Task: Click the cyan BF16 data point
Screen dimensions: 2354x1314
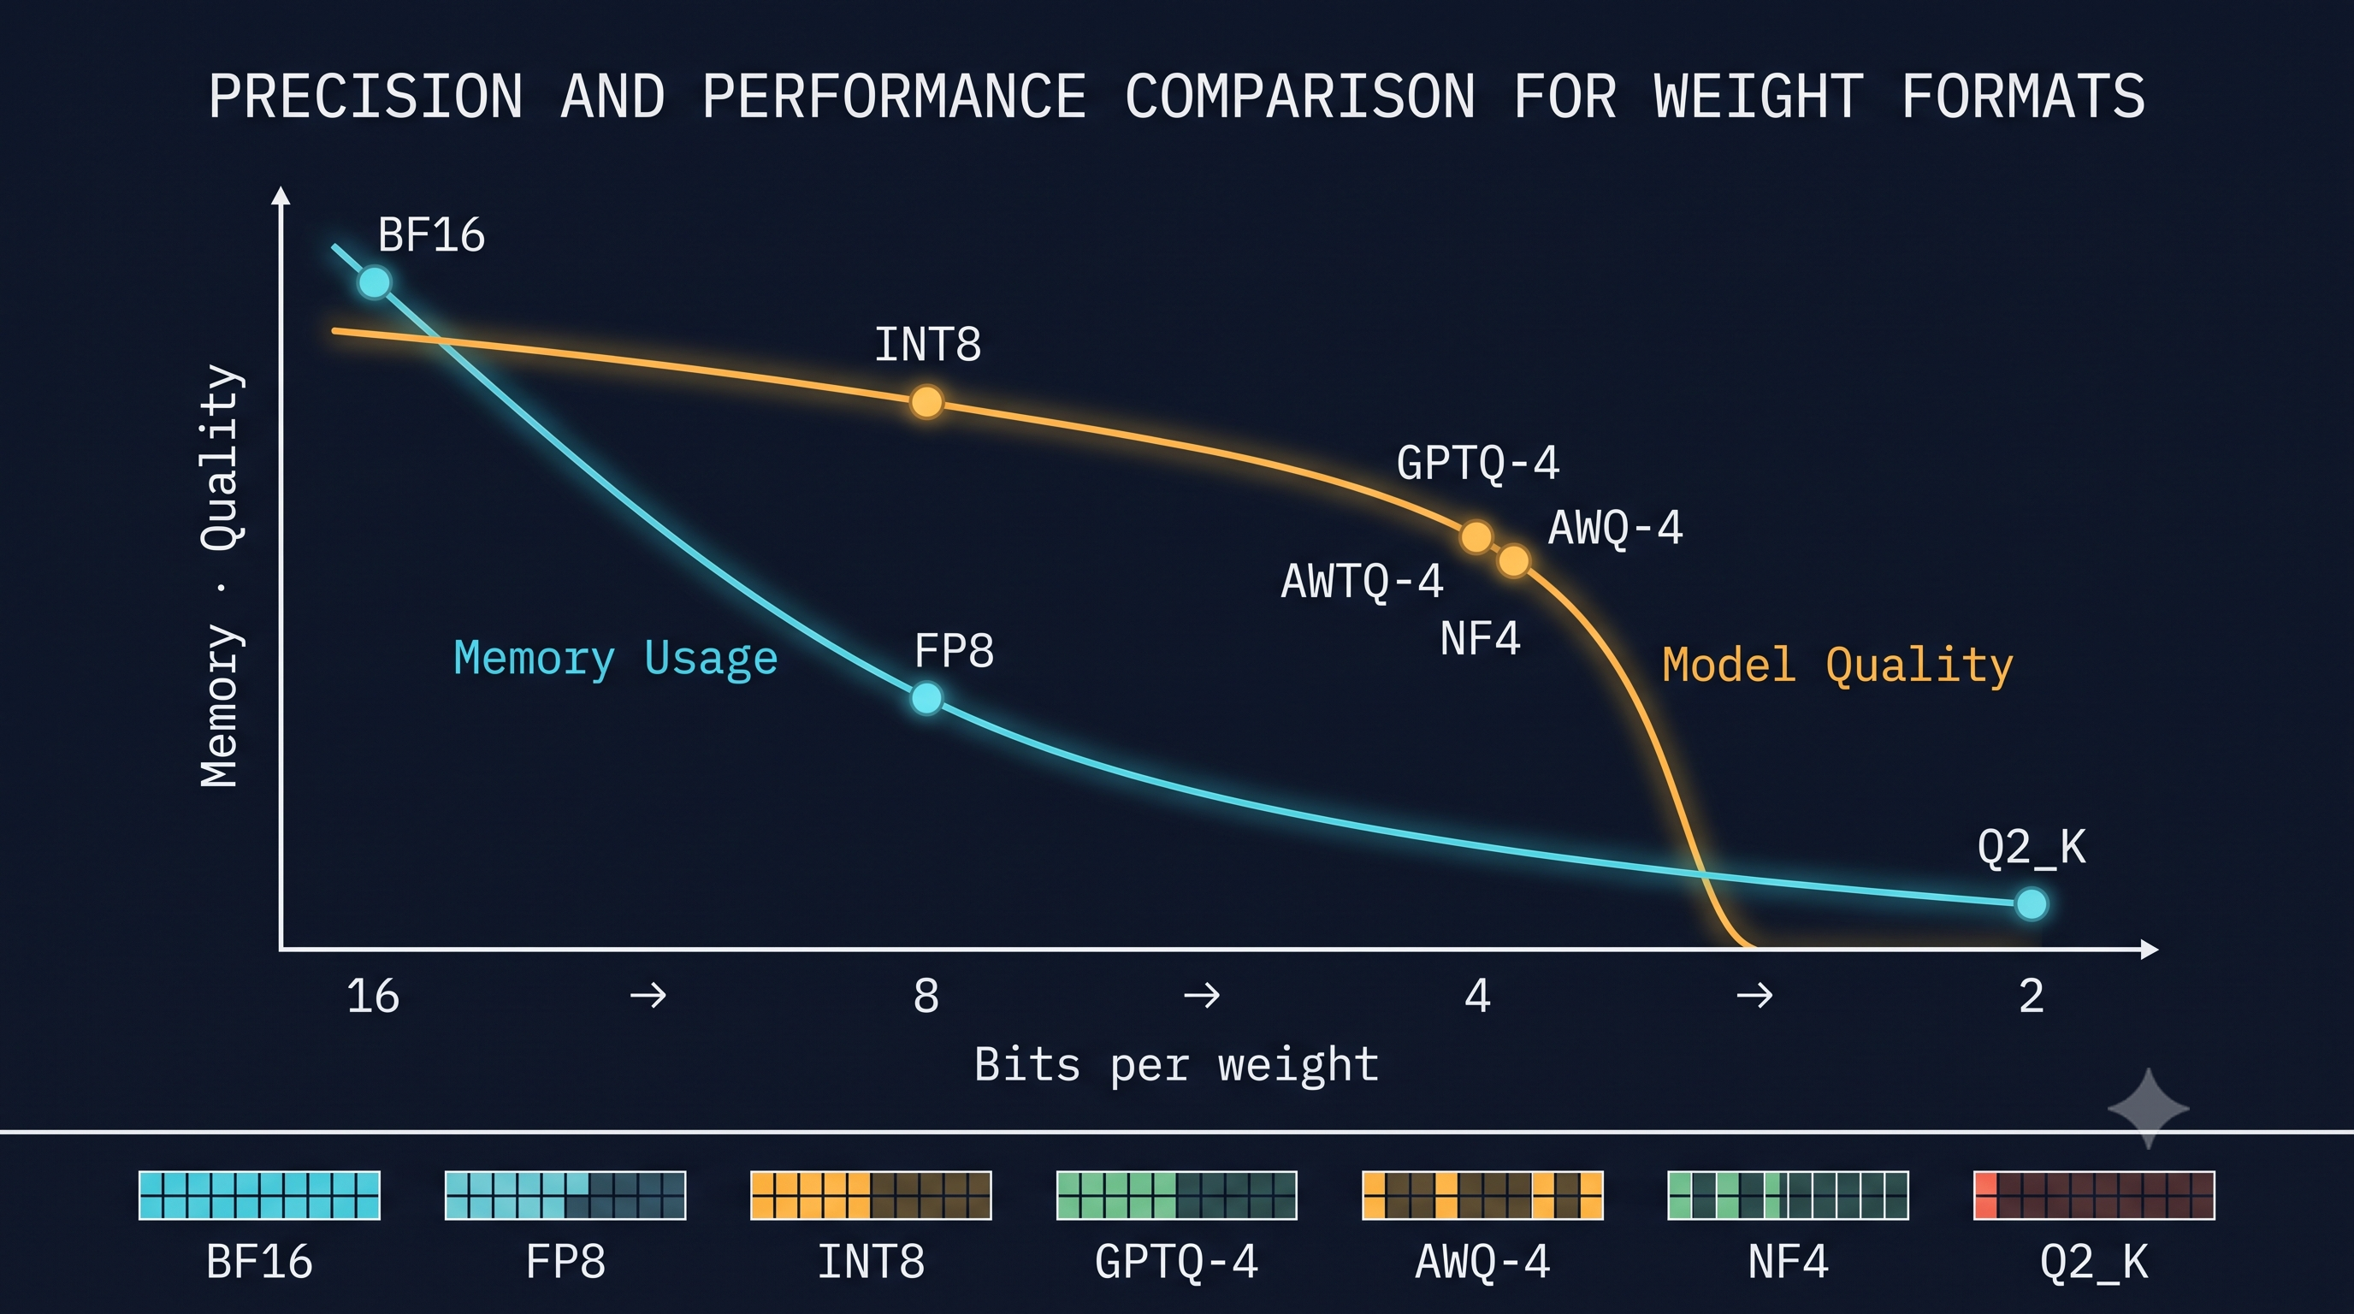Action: pos(374,281)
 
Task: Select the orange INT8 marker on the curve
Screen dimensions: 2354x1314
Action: pos(926,402)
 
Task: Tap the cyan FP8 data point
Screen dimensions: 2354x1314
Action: pos(926,698)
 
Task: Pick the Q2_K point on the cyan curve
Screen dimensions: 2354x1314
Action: pos(2032,903)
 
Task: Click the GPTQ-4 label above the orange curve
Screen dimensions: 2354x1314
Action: pos(1477,464)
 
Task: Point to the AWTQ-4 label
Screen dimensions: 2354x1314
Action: pos(1362,581)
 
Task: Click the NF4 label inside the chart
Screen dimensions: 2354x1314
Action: pos(1481,638)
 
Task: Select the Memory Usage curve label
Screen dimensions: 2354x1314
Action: pos(615,659)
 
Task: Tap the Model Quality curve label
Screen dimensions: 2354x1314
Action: pos(1837,665)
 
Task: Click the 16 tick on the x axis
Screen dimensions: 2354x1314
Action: pos(373,995)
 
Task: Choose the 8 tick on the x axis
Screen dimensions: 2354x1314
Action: pos(926,995)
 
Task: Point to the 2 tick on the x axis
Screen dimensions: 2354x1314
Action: pos(2031,995)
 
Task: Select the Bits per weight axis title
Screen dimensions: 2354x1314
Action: pos(1176,1065)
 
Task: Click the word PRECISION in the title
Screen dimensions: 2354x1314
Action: pos(365,96)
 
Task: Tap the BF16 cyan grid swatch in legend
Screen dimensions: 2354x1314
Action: pos(259,1195)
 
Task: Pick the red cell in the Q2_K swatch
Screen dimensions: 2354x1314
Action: pos(1985,1195)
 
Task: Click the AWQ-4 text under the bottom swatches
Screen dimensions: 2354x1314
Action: pos(1482,1263)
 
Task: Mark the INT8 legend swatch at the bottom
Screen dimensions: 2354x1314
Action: pos(871,1195)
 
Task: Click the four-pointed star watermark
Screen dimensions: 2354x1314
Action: pos(2149,1109)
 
